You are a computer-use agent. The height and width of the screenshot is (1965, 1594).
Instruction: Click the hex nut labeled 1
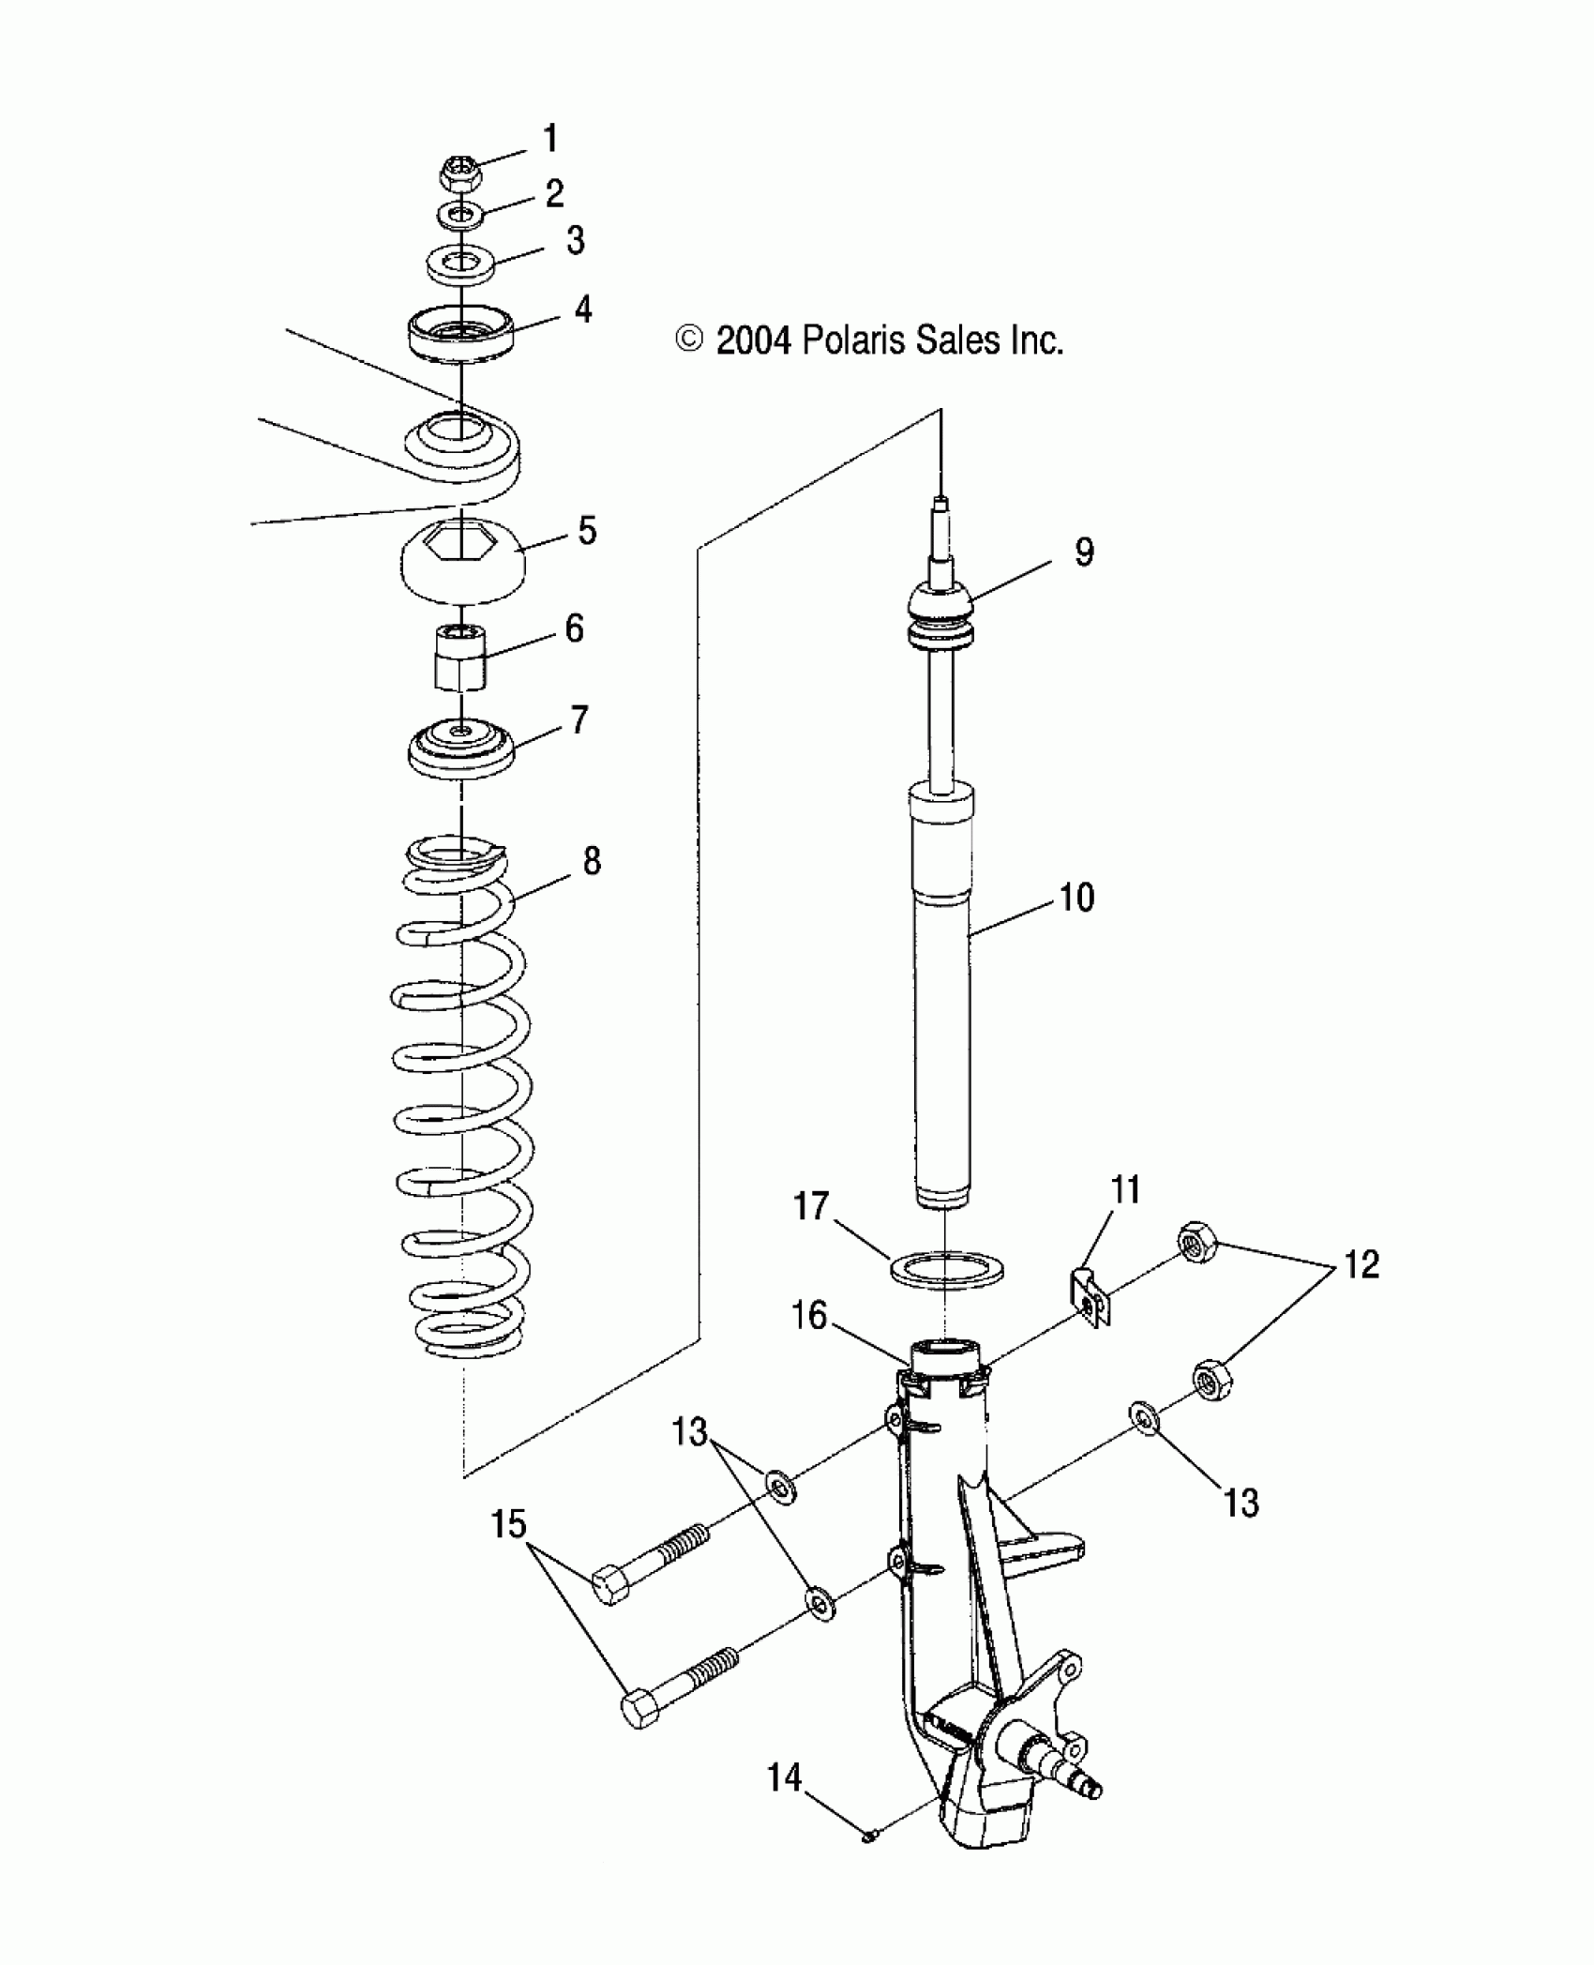pyautogui.click(x=459, y=173)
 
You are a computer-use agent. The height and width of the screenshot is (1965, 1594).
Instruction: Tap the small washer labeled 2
pyautogui.click(x=459, y=216)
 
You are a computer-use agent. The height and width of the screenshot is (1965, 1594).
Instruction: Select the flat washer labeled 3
pyautogui.click(x=460, y=262)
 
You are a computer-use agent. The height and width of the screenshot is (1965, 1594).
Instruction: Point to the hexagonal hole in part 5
pyautogui.click(x=461, y=543)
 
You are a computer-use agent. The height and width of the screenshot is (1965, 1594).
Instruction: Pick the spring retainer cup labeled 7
pyautogui.click(x=461, y=747)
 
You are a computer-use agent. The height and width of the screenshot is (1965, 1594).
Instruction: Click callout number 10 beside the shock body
pyautogui.click(x=1076, y=898)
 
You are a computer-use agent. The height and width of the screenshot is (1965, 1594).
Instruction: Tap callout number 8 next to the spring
pyautogui.click(x=592, y=860)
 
